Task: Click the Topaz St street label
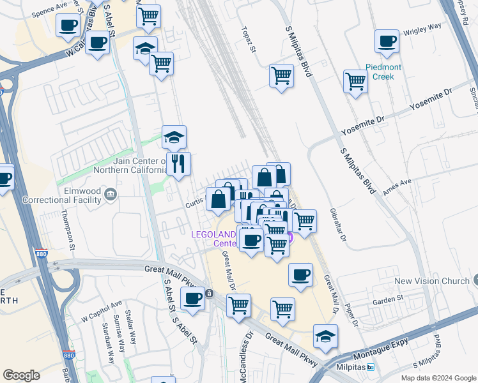249,40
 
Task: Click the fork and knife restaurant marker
178,163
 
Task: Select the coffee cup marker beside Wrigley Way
387,41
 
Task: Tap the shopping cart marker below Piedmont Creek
355,81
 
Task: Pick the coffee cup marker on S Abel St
192,297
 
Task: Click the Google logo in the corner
21,375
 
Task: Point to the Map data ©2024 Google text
438,378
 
